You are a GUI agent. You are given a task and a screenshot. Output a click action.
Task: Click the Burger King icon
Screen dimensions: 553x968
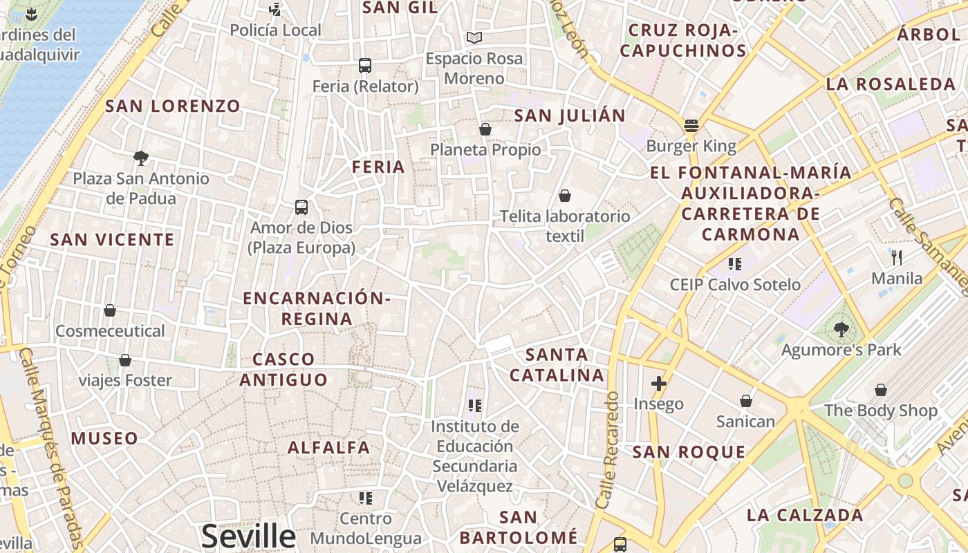(x=691, y=126)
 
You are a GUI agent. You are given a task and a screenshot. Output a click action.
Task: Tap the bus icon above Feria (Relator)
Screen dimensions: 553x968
(x=365, y=66)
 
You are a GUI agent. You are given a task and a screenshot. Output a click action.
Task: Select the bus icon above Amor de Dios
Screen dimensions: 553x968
(x=301, y=207)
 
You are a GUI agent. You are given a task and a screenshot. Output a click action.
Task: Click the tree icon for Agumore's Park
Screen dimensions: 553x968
(x=841, y=329)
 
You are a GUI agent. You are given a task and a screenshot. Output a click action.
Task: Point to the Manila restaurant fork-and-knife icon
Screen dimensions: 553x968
(x=897, y=258)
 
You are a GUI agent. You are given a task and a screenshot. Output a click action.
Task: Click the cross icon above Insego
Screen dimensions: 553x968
(x=659, y=383)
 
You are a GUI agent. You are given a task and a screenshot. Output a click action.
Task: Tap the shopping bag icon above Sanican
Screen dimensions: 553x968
(x=746, y=401)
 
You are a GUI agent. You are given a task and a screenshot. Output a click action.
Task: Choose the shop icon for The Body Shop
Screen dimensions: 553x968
(x=881, y=390)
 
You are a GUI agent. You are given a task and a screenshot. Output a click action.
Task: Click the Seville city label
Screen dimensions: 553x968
(x=248, y=536)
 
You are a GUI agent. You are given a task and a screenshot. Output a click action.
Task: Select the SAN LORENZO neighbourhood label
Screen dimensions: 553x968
(x=173, y=106)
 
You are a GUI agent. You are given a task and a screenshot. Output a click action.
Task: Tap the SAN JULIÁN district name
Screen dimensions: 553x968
(x=570, y=115)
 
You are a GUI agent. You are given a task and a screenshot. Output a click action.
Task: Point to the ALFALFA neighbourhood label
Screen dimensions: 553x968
(x=329, y=447)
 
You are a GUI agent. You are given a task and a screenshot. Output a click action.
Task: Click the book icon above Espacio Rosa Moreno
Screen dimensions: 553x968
(x=474, y=37)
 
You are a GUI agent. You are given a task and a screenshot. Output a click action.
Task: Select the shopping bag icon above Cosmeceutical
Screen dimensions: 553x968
(x=110, y=310)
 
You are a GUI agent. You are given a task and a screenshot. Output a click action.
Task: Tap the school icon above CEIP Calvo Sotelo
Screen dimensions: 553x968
(x=734, y=263)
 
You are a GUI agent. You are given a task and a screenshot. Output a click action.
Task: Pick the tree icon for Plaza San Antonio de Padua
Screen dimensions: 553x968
(x=141, y=158)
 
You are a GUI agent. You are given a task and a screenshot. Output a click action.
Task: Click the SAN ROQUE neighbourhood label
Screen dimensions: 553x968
(x=689, y=452)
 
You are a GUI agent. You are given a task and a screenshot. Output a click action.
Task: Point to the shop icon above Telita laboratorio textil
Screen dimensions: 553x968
(x=565, y=196)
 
